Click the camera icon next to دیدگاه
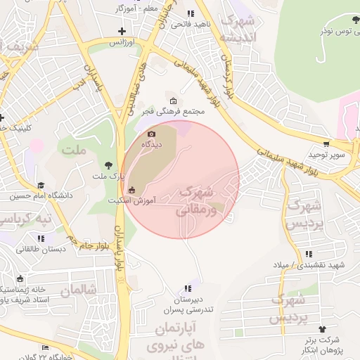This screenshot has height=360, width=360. [x=150, y=134]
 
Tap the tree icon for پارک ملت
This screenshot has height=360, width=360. [x=108, y=165]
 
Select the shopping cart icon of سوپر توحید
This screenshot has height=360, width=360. [x=326, y=143]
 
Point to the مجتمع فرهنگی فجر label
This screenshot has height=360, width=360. [x=173, y=111]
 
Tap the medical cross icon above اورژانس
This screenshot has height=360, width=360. [x=122, y=31]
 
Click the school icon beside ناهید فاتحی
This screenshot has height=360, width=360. [x=190, y=13]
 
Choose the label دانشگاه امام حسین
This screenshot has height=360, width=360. [x=41, y=195]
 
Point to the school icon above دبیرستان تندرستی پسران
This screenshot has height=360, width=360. [x=187, y=288]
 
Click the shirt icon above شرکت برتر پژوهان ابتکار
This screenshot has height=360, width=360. [x=323, y=328]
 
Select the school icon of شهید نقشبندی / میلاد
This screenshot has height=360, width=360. [x=308, y=254]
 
